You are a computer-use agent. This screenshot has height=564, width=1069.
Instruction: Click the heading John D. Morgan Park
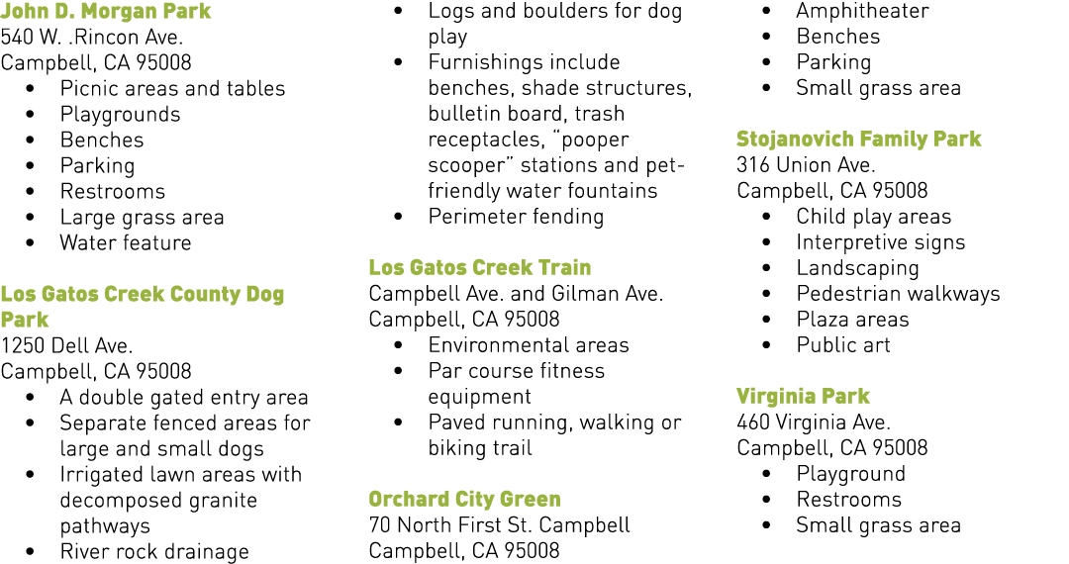pyautogui.click(x=106, y=12)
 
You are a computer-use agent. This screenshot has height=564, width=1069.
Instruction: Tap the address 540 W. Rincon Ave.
pyautogui.click(x=91, y=37)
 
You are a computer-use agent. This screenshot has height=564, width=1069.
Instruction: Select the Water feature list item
pyautogui.click(x=126, y=243)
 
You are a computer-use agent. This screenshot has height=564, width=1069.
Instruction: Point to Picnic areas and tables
pyautogui.click(x=172, y=88)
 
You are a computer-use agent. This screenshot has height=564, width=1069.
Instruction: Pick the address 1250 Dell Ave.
pyautogui.click(x=66, y=346)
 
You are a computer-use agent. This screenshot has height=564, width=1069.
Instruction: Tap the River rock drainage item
pyautogui.click(x=154, y=552)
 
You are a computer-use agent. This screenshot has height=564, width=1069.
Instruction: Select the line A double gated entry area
pyautogui.click(x=184, y=398)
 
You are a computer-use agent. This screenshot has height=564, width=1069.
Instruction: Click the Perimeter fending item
pyautogui.click(x=516, y=218)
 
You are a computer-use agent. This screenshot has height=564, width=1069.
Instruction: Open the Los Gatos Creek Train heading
pyautogui.click(x=480, y=268)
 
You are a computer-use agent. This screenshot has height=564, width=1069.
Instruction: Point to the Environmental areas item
pyautogui.click(x=529, y=345)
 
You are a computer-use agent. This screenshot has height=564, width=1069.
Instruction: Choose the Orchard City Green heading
pyautogui.click(x=465, y=500)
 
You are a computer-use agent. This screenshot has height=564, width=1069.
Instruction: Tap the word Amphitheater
pyautogui.click(x=862, y=12)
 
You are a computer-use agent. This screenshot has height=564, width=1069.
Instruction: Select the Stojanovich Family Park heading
pyautogui.click(x=859, y=140)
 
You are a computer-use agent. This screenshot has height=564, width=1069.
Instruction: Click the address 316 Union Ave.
pyautogui.click(x=806, y=165)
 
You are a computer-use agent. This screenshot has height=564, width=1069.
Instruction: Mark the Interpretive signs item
pyautogui.click(x=881, y=243)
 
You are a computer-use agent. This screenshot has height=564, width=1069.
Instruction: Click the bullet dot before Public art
pyautogui.click(x=767, y=346)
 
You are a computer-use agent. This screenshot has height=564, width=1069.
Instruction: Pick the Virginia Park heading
pyautogui.click(x=803, y=397)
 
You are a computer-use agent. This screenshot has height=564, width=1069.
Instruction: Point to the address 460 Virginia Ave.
pyautogui.click(x=814, y=423)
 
